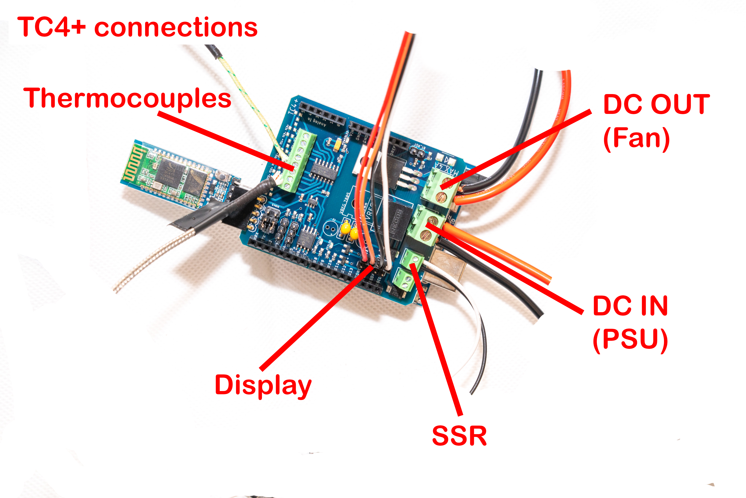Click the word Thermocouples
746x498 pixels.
click(127, 99)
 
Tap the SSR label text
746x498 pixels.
click(459, 436)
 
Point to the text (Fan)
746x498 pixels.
click(636, 139)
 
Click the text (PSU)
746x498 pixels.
click(630, 340)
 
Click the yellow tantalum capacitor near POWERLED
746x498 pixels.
click(337, 145)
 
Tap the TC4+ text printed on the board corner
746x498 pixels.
click(294, 106)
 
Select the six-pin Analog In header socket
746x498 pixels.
click(322, 114)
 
